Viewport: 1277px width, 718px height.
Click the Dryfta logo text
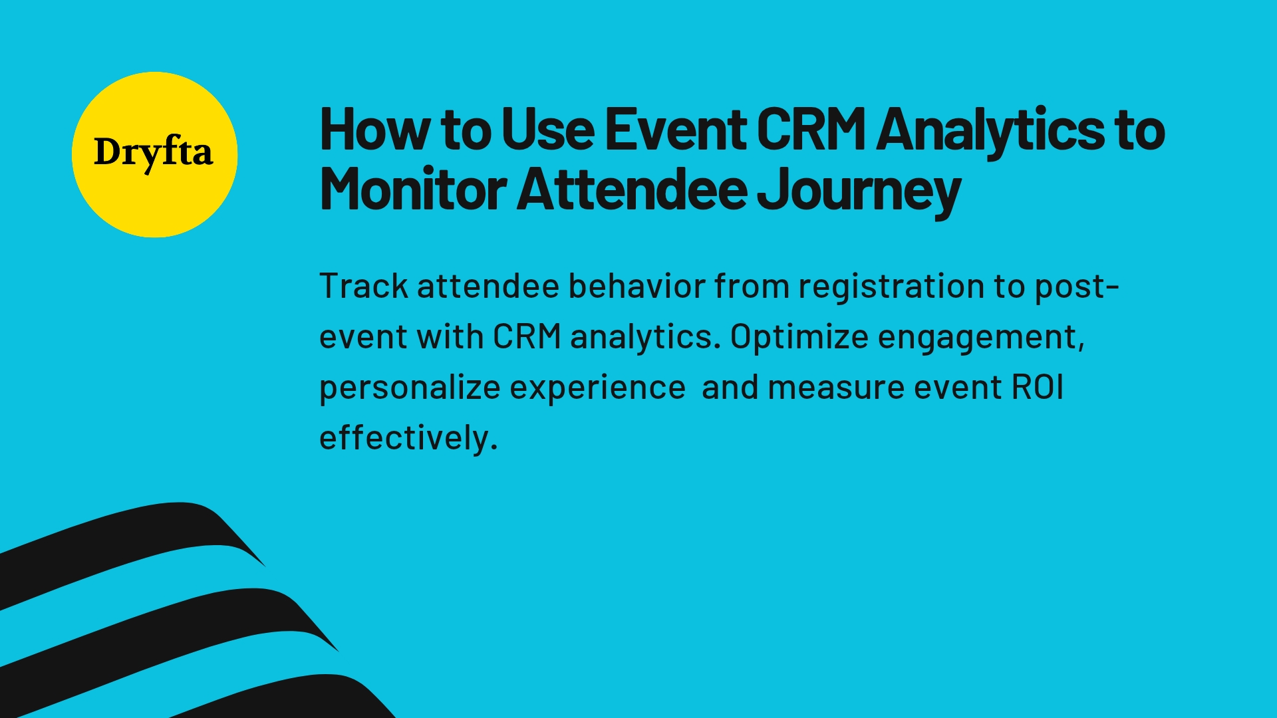point(154,153)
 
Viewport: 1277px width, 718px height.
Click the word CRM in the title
point(811,129)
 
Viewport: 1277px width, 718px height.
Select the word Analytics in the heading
point(990,129)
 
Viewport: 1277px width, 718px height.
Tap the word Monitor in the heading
point(413,189)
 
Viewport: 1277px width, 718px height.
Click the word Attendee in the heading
point(633,189)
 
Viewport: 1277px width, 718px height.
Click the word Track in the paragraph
point(364,287)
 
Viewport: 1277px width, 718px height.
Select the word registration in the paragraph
point(891,287)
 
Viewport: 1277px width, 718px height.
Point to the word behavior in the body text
point(637,287)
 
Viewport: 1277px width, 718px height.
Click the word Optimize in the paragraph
point(799,337)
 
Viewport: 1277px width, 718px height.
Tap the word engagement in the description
point(980,337)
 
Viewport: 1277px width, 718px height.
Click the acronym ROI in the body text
point(1038,388)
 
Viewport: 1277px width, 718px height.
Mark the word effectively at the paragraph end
point(408,438)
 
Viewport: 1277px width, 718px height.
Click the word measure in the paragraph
point(836,388)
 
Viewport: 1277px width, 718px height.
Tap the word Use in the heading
point(548,129)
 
